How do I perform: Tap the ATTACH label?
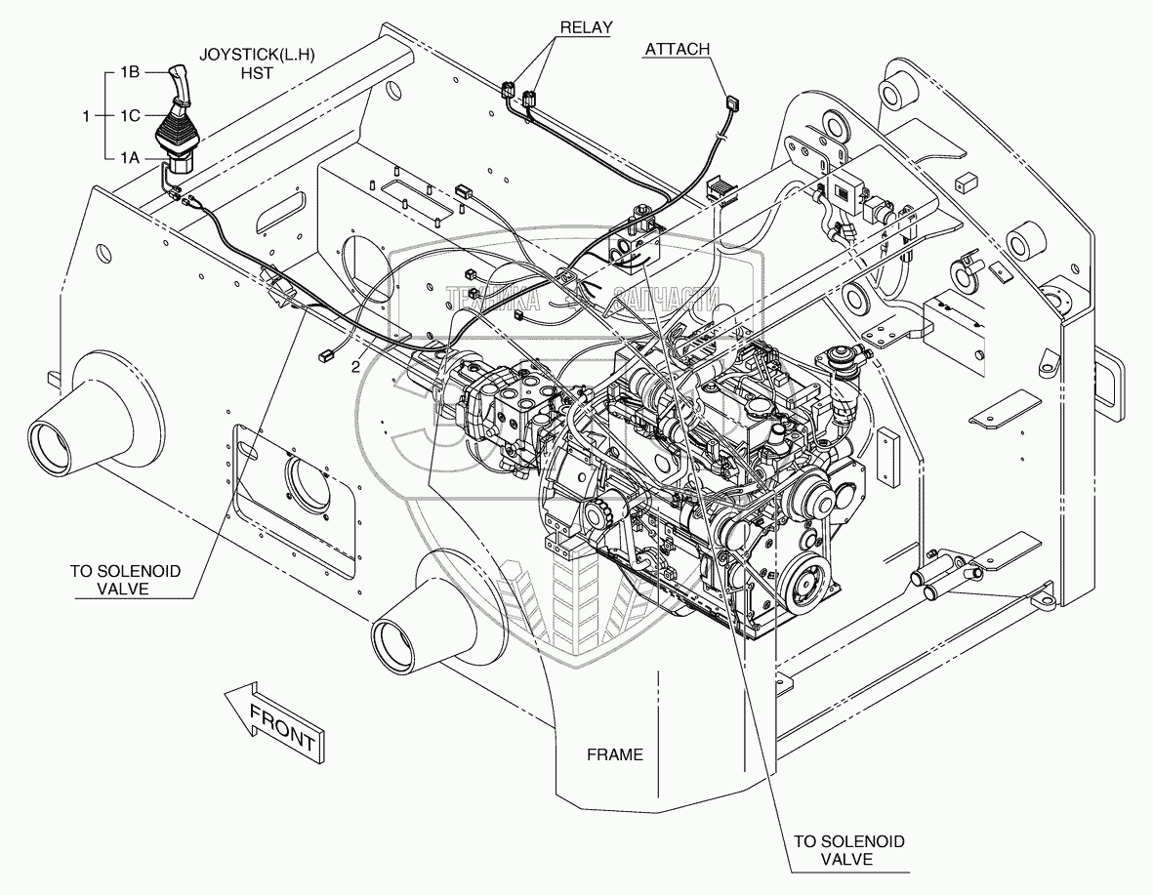(676, 49)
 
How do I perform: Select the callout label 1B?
(132, 72)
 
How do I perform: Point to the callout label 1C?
(132, 116)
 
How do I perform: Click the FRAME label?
(614, 754)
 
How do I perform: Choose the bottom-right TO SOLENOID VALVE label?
(847, 849)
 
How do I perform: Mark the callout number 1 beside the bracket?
(87, 116)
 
